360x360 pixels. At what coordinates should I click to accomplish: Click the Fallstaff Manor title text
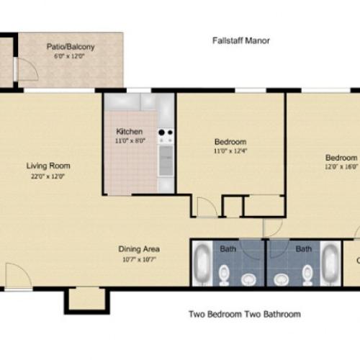tap(240, 41)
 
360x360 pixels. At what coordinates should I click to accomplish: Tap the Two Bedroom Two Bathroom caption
tap(244, 314)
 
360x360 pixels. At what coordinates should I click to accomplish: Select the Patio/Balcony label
tap(71, 48)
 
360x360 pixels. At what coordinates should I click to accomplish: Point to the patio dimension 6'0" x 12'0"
tap(71, 58)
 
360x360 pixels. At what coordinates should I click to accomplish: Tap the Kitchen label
tap(130, 132)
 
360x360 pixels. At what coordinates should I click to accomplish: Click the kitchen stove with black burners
tap(166, 134)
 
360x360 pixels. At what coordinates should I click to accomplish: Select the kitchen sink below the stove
tap(166, 162)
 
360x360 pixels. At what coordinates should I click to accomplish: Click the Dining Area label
tap(139, 249)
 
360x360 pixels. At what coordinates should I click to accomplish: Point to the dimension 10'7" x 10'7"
tap(139, 260)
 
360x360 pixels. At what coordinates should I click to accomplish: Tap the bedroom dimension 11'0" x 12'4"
tap(230, 152)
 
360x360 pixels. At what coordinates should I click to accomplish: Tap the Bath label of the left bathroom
tap(228, 249)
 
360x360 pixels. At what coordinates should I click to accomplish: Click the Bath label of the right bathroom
tap(304, 249)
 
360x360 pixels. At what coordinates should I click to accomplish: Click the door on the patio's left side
tap(26, 69)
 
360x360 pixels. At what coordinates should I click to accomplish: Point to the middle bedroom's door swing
tap(207, 207)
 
